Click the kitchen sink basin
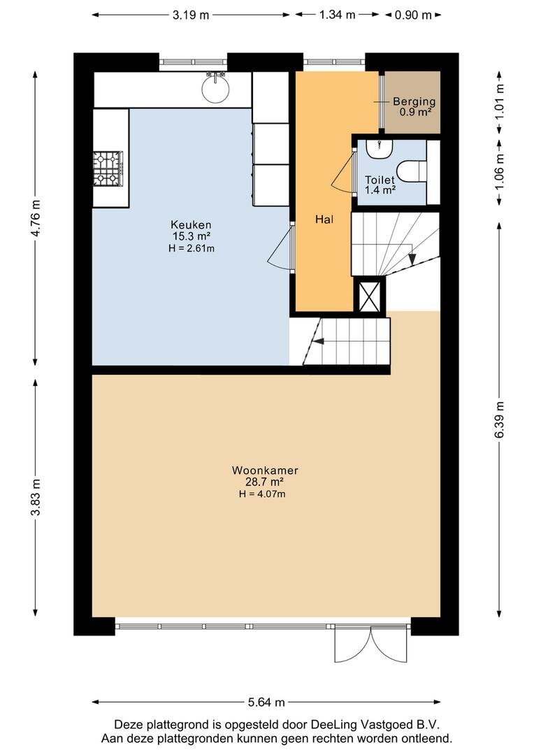(215, 89)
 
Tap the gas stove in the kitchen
(108, 168)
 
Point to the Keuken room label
(191, 225)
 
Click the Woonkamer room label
(265, 470)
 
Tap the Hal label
(324, 220)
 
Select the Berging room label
(414, 101)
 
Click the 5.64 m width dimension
(266, 702)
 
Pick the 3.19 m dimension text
(191, 15)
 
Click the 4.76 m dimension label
(35, 217)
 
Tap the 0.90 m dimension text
(413, 15)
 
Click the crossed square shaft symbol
(370, 296)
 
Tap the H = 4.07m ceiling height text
(262, 494)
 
